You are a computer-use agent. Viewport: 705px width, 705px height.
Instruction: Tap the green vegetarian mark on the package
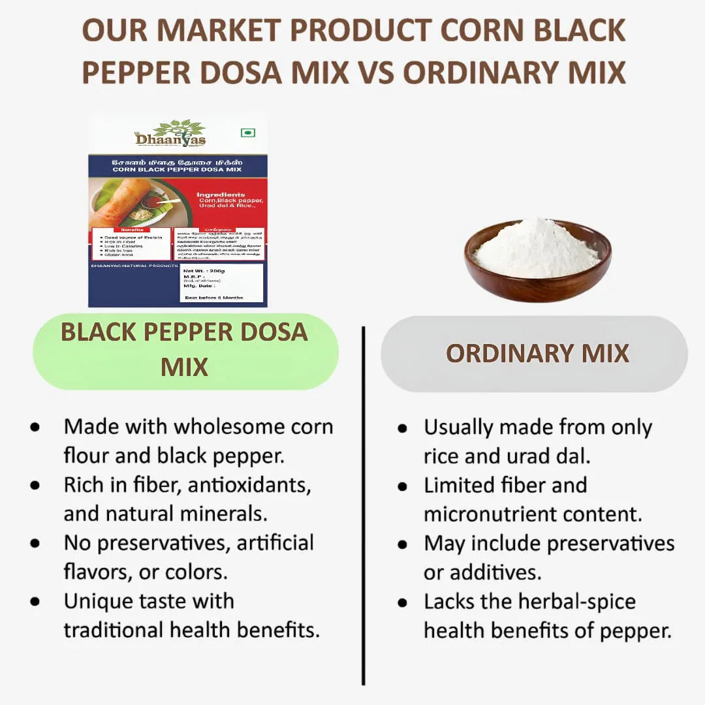247,133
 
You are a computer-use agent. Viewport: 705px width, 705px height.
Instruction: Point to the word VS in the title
375,72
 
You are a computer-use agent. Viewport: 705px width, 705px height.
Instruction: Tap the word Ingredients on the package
221,195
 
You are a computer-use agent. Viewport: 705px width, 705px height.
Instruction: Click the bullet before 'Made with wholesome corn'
35,427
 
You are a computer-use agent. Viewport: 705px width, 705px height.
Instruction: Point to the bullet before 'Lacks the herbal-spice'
403,602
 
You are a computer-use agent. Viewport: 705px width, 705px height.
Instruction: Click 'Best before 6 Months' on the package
213,297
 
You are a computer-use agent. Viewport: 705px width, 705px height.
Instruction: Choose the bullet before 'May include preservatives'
403,544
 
